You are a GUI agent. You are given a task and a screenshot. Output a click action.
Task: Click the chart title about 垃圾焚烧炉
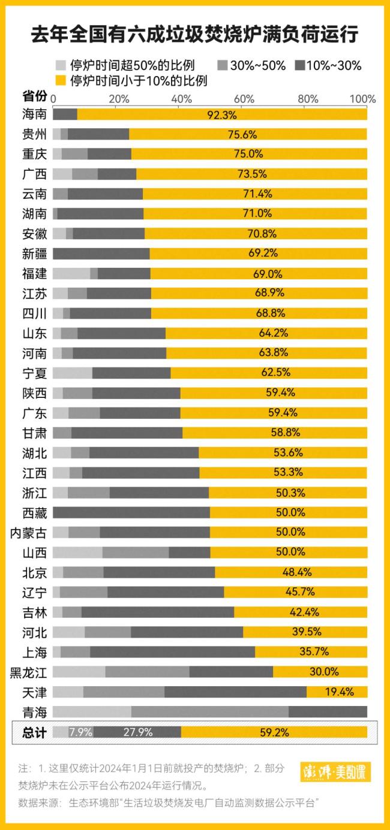[195, 35]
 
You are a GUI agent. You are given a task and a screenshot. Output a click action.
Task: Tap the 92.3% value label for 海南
[222, 114]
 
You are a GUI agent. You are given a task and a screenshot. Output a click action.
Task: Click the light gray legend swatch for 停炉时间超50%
[60, 65]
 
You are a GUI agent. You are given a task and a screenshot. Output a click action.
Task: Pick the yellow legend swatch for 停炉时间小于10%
[60, 80]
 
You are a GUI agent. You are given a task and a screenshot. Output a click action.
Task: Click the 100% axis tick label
[362, 98]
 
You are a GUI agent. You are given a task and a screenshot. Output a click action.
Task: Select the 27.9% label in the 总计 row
[137, 732]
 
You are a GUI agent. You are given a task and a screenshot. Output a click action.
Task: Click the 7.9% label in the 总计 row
[80, 732]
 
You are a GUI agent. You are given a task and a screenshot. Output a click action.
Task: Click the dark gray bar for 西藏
[131, 512]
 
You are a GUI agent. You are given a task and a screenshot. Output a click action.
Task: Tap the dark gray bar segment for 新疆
[101, 253]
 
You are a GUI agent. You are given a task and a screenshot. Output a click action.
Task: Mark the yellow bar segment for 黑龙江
[320, 672]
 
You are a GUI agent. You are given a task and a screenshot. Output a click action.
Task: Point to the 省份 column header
[34, 96]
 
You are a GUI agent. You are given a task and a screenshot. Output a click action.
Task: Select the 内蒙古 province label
[29, 532]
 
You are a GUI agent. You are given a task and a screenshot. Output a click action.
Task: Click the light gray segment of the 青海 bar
[92, 712]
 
